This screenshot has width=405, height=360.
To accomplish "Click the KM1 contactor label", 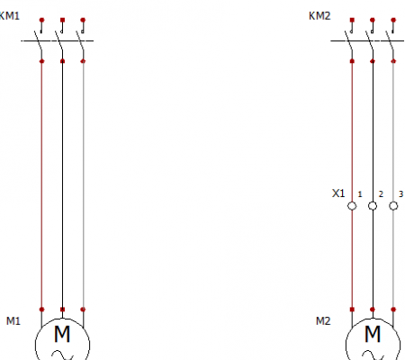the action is point(9,15).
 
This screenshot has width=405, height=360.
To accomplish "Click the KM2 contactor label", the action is point(319,15).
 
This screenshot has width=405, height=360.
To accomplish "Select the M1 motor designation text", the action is point(13,321).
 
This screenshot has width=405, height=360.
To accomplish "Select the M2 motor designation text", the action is point(323,321).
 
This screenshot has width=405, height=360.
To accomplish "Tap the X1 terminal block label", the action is point(338,193).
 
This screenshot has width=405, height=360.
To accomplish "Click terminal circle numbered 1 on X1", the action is point(352,206).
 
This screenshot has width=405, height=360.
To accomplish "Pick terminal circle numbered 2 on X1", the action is point(373,206).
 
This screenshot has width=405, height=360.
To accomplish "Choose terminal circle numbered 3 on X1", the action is point(393,206).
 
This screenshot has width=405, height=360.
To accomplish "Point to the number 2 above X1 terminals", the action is point(381,194).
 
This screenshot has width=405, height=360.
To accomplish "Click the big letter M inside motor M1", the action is point(62,334).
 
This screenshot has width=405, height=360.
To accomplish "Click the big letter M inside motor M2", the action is point(373,334).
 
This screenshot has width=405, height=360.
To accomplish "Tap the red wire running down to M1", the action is point(41,185).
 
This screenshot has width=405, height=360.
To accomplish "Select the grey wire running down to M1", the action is point(83,185).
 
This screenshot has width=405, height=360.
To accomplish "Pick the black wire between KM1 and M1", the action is point(62,185).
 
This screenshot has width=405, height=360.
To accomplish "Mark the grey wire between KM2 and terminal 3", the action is point(393,131).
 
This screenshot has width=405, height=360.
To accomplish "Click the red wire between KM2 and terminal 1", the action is point(352,131).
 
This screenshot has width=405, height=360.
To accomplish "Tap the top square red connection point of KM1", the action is point(62,20).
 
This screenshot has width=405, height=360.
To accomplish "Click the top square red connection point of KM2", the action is point(352,20).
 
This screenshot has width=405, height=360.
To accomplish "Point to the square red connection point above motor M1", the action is point(62,310).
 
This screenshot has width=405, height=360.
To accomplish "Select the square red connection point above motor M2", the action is point(352,310).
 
